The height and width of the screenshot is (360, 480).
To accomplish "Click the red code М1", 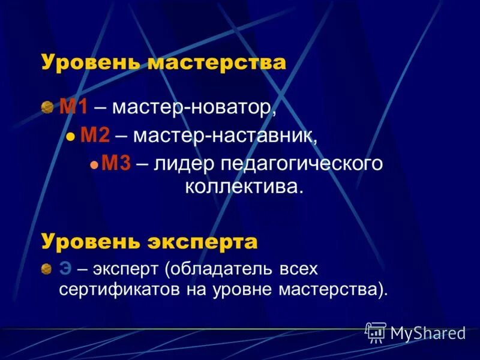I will (x=74, y=108).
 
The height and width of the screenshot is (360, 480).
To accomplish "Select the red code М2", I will (x=95, y=135).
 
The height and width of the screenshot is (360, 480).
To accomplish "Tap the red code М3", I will (x=116, y=163).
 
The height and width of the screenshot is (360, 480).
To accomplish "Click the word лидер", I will (x=183, y=163).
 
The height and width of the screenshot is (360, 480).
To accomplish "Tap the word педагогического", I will (x=301, y=164).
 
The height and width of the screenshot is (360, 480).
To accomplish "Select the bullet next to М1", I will (x=47, y=108).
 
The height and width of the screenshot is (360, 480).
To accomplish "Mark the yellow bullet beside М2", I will (x=70, y=136).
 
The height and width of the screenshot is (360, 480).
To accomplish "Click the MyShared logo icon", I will (x=376, y=332).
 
